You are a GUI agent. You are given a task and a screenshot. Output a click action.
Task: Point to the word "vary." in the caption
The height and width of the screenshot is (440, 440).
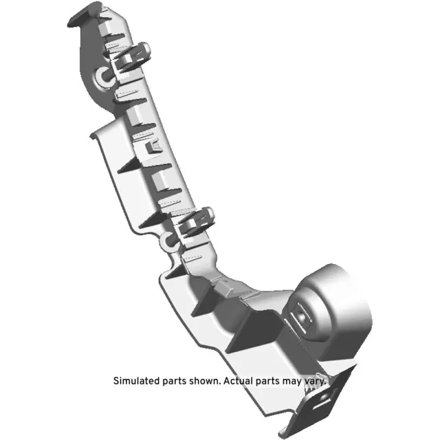[313, 380]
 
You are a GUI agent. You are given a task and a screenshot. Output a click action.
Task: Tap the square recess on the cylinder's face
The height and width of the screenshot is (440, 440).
[303, 316]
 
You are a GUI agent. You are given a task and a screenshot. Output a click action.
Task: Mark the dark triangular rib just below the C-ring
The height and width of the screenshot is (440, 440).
[175, 269]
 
